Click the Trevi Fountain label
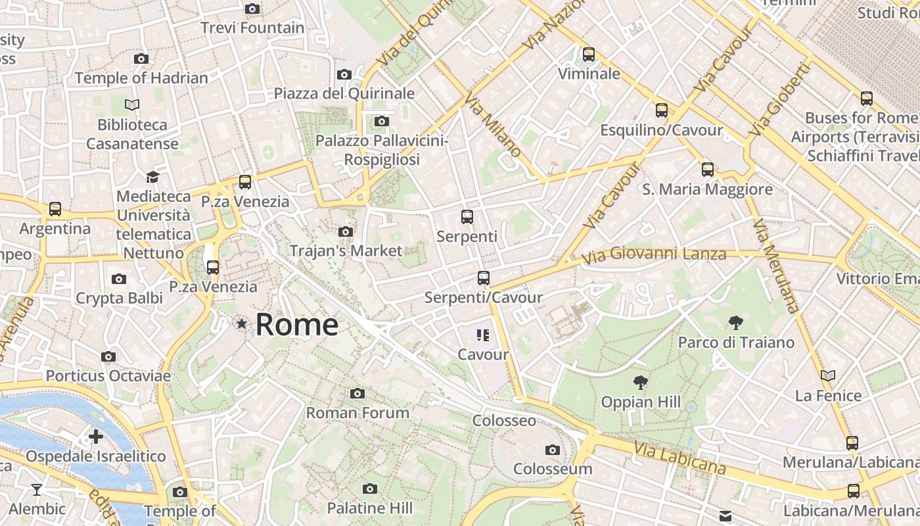pos(252,28)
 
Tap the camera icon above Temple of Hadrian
pos(141,59)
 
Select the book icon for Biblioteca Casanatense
pos(132,105)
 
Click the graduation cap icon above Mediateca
pos(152,177)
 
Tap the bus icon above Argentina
pos(55,209)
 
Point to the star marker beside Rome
pos(242,323)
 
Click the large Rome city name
pos(297,324)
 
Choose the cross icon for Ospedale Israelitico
pos(96,437)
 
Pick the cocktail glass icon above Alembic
pos(37,489)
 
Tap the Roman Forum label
pos(357,413)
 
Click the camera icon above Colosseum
pos(553,450)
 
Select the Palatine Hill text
pos(370,508)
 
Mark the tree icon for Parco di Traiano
pos(736,323)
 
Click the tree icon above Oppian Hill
pos(640,383)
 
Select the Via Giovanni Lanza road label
pos(654,254)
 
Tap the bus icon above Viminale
pos(589,54)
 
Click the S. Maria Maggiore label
pos(707,189)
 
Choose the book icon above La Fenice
pos(828,376)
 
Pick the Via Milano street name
pos(493,124)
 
